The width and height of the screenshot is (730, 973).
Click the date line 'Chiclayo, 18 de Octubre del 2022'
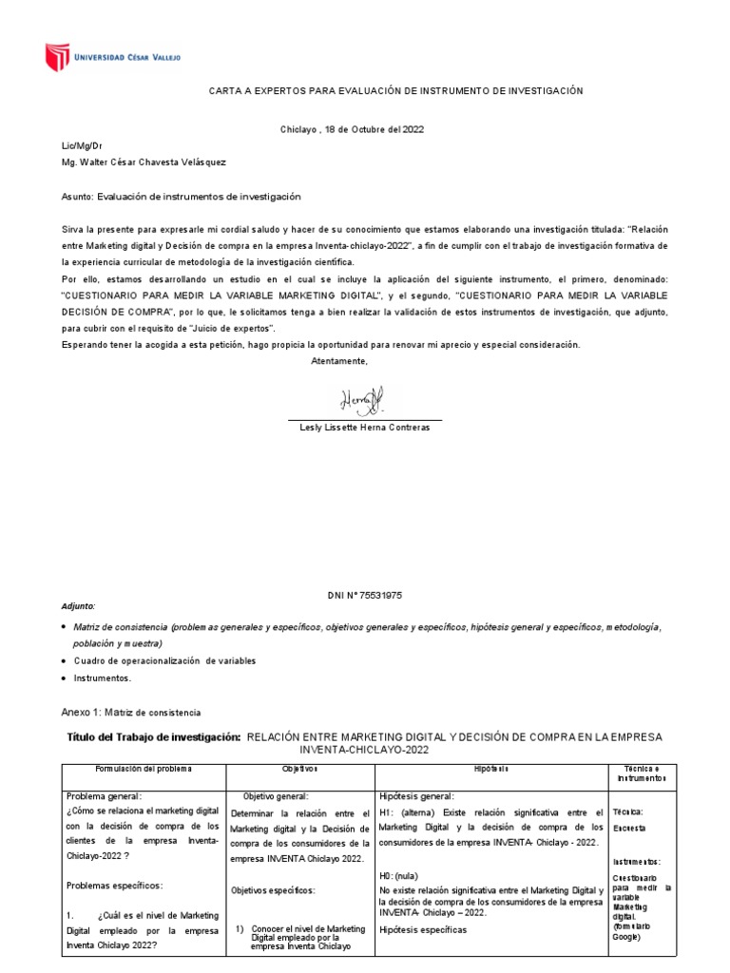coord(352,129)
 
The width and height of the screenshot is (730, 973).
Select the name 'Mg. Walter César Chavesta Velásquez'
coord(144,162)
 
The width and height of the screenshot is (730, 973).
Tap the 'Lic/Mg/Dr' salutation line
coord(81,146)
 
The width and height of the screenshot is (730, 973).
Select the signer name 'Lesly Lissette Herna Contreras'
coord(365,428)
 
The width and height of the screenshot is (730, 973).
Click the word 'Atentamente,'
coord(338,361)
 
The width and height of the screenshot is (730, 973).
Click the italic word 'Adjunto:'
coord(78,606)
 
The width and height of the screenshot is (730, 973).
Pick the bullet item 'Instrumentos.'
coord(103,678)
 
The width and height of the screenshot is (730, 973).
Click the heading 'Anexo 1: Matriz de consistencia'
coord(130,713)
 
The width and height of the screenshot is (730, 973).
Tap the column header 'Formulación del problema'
coord(144,768)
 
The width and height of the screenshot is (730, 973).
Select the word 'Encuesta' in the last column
coord(629,828)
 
